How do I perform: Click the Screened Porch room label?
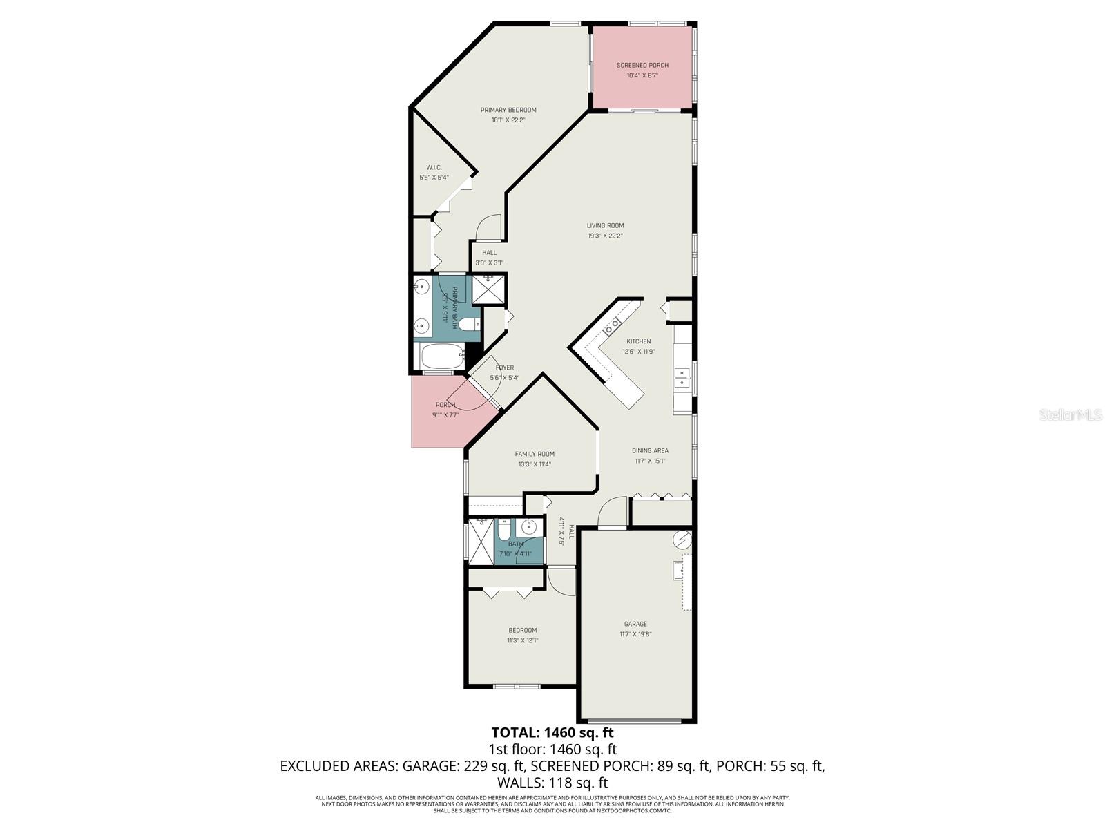pos(642,66)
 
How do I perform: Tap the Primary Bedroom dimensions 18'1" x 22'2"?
pos(508,120)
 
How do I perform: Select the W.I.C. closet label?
pos(434,168)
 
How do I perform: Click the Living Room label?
pos(605,225)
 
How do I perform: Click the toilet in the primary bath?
pos(469,325)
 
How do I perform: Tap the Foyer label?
pos(504,368)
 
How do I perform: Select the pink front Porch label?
pos(445,405)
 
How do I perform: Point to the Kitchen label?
pos(638,341)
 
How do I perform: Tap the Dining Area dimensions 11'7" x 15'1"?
pos(650,461)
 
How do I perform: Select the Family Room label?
pos(535,454)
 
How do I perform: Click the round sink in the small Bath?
pos(529,528)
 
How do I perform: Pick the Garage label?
pos(635,624)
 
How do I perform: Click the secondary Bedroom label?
pos(522,630)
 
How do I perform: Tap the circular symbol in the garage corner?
pos(682,538)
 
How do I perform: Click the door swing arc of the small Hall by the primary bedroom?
pos(490,226)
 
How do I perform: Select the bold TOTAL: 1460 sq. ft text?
pos(552,732)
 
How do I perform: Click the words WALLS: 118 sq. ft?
pos(552,783)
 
